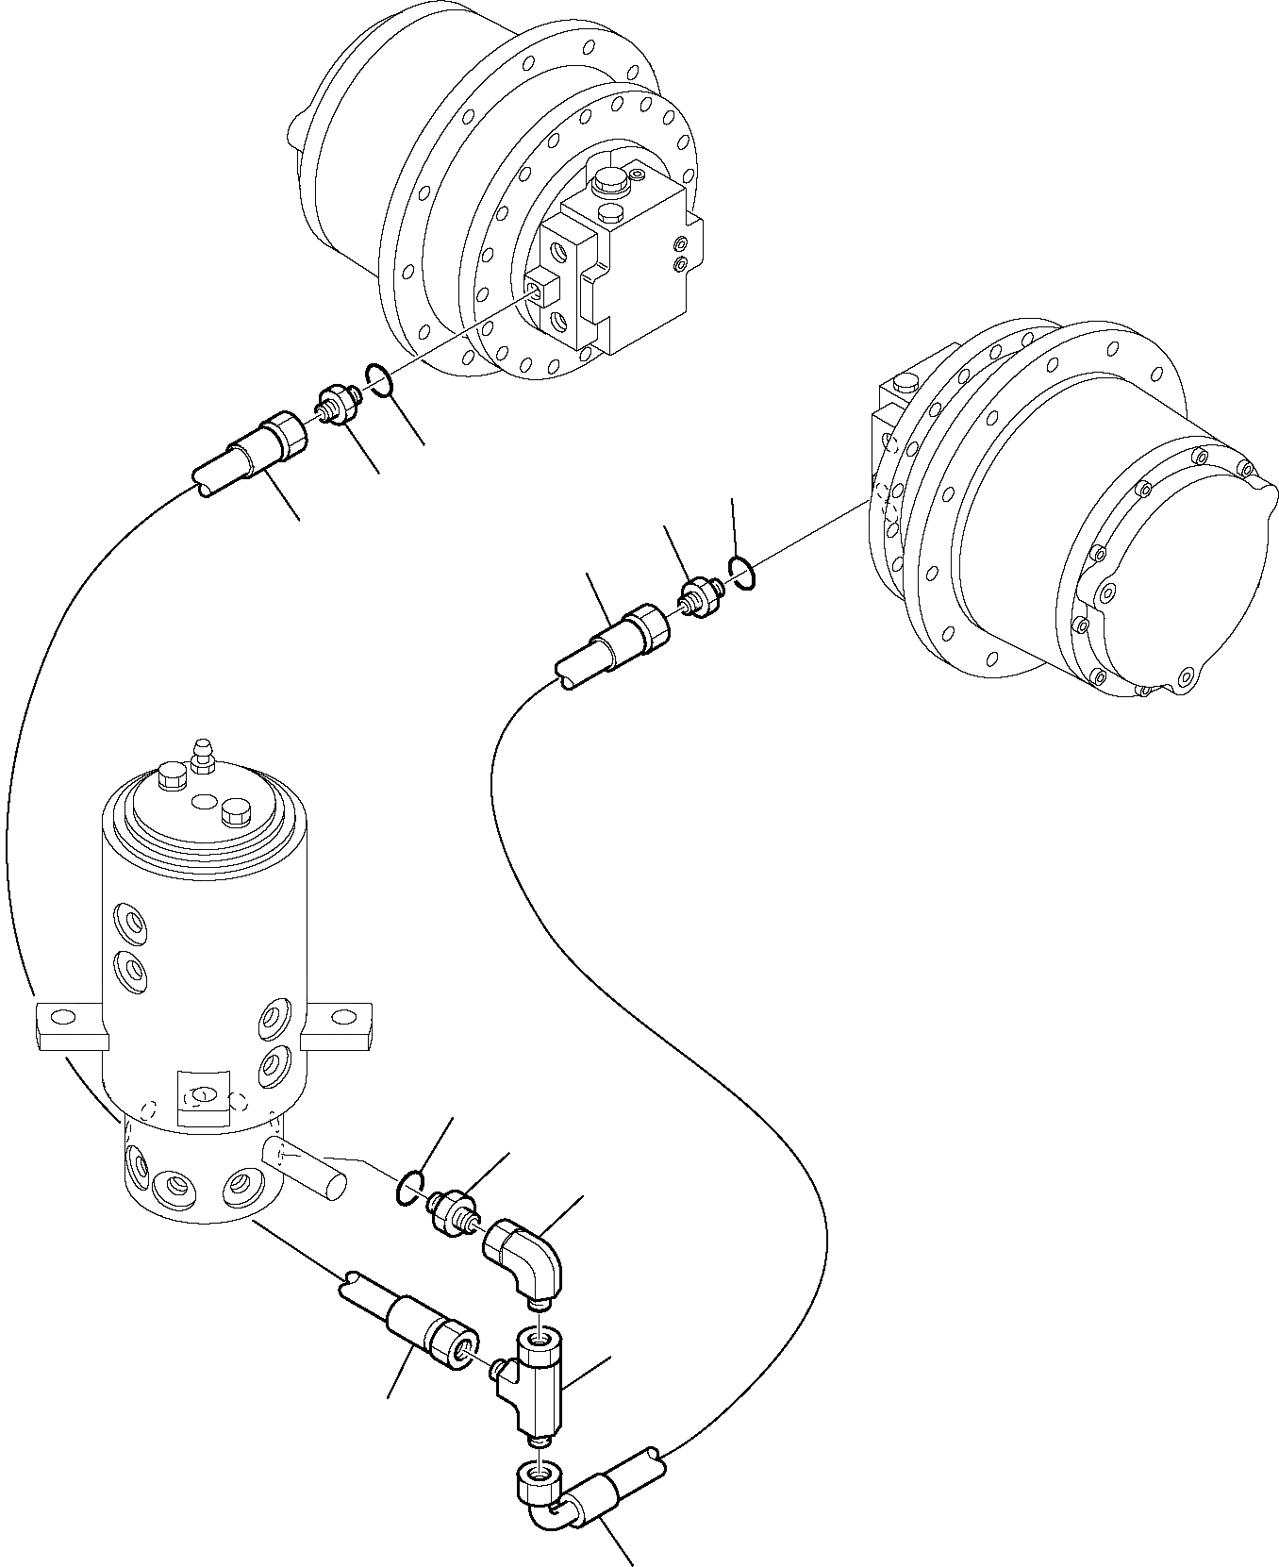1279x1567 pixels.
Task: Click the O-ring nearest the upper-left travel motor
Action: click(376, 379)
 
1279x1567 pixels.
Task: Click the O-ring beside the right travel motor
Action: click(741, 572)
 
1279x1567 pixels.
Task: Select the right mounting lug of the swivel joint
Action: click(337, 1027)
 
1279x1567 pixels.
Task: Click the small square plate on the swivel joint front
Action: click(203, 1096)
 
